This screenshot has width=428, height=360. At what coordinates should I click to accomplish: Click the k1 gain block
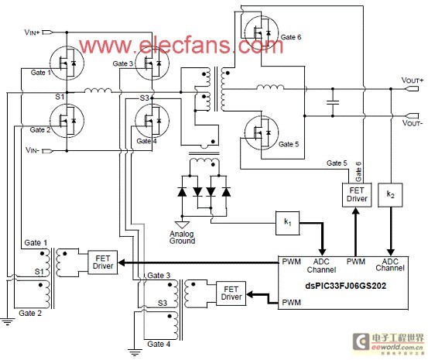[x=287, y=223]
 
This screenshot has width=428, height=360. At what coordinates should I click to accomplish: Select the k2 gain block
[x=390, y=195]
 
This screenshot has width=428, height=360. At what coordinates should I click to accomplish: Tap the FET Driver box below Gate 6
[x=357, y=195]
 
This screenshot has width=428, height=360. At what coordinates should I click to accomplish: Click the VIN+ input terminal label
[x=33, y=33]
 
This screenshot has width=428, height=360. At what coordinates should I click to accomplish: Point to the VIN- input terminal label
[x=33, y=150]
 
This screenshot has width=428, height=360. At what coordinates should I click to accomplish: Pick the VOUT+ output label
[x=413, y=81]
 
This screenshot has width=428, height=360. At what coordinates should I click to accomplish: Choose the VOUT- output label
[x=412, y=123]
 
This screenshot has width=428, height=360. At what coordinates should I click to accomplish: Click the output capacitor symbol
[x=333, y=102]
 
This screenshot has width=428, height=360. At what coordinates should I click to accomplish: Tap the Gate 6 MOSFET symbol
[x=262, y=33]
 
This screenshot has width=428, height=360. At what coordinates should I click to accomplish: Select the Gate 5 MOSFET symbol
[x=262, y=132]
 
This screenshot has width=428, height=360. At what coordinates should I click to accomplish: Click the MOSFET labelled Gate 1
[x=67, y=63]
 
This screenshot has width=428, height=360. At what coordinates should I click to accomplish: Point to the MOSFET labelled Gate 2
[x=67, y=121]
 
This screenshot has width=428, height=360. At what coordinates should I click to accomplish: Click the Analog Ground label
[x=182, y=238]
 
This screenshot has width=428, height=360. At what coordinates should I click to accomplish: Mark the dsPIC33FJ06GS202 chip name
[x=345, y=286]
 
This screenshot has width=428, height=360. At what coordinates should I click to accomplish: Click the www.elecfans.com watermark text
[x=181, y=45]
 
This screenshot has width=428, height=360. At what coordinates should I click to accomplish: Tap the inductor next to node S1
[x=98, y=91]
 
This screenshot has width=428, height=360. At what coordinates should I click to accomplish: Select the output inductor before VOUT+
[x=270, y=87]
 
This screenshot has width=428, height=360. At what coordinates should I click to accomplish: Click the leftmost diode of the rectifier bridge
[x=182, y=192]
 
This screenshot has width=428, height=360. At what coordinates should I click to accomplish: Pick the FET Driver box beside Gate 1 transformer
[x=103, y=262]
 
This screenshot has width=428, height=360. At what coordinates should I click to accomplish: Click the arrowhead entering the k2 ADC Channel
[x=391, y=252]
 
